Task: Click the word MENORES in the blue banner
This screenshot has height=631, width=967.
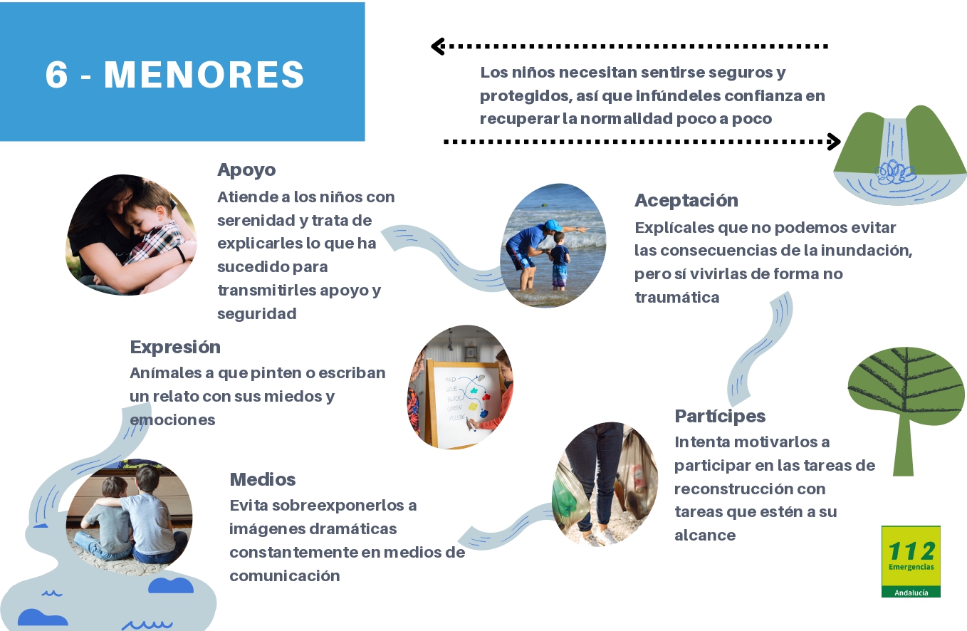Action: pos(204,75)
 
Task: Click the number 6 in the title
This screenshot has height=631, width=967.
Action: pos(56,75)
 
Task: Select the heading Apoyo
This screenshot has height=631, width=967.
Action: pos(246,170)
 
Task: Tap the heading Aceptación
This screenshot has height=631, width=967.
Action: pos(686,201)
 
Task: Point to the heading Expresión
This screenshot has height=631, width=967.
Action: pos(175,348)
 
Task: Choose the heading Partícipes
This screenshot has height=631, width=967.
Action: pos(720,417)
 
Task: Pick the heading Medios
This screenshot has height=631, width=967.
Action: pos(263,479)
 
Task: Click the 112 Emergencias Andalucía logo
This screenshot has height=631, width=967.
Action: pos(911,561)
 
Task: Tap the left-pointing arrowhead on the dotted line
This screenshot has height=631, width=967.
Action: pos(438,46)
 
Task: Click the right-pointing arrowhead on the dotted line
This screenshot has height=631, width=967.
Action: pos(834,142)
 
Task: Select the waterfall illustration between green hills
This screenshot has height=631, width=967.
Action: pos(900,155)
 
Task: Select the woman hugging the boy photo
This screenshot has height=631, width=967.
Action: pos(131,236)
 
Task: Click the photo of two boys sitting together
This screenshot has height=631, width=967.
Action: pos(129,517)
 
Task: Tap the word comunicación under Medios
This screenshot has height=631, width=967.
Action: pos(285,576)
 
